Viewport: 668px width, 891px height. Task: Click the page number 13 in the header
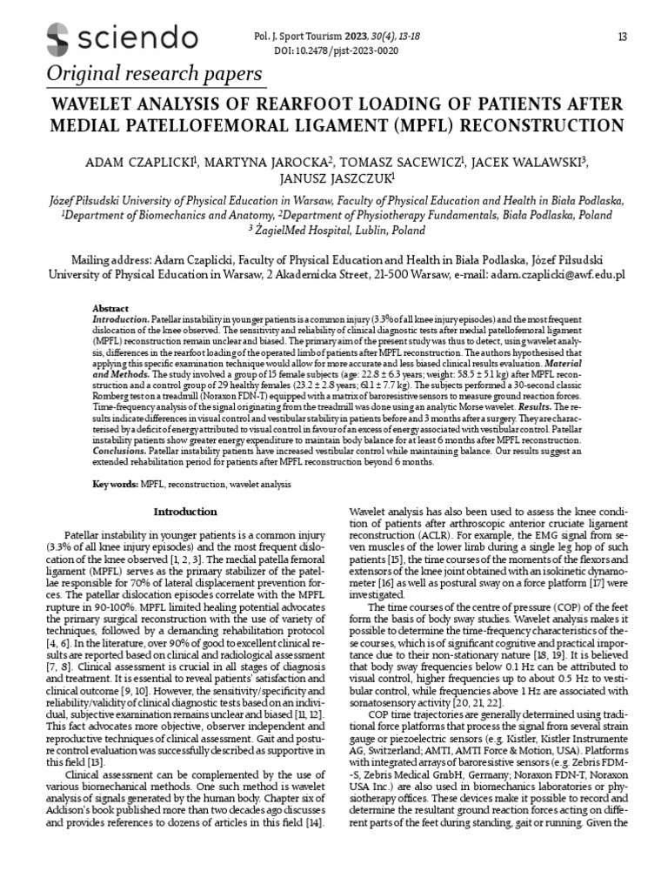pos(621,37)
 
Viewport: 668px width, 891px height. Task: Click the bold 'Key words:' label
pos(117,483)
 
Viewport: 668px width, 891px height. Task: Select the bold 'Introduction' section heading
pos(185,512)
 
